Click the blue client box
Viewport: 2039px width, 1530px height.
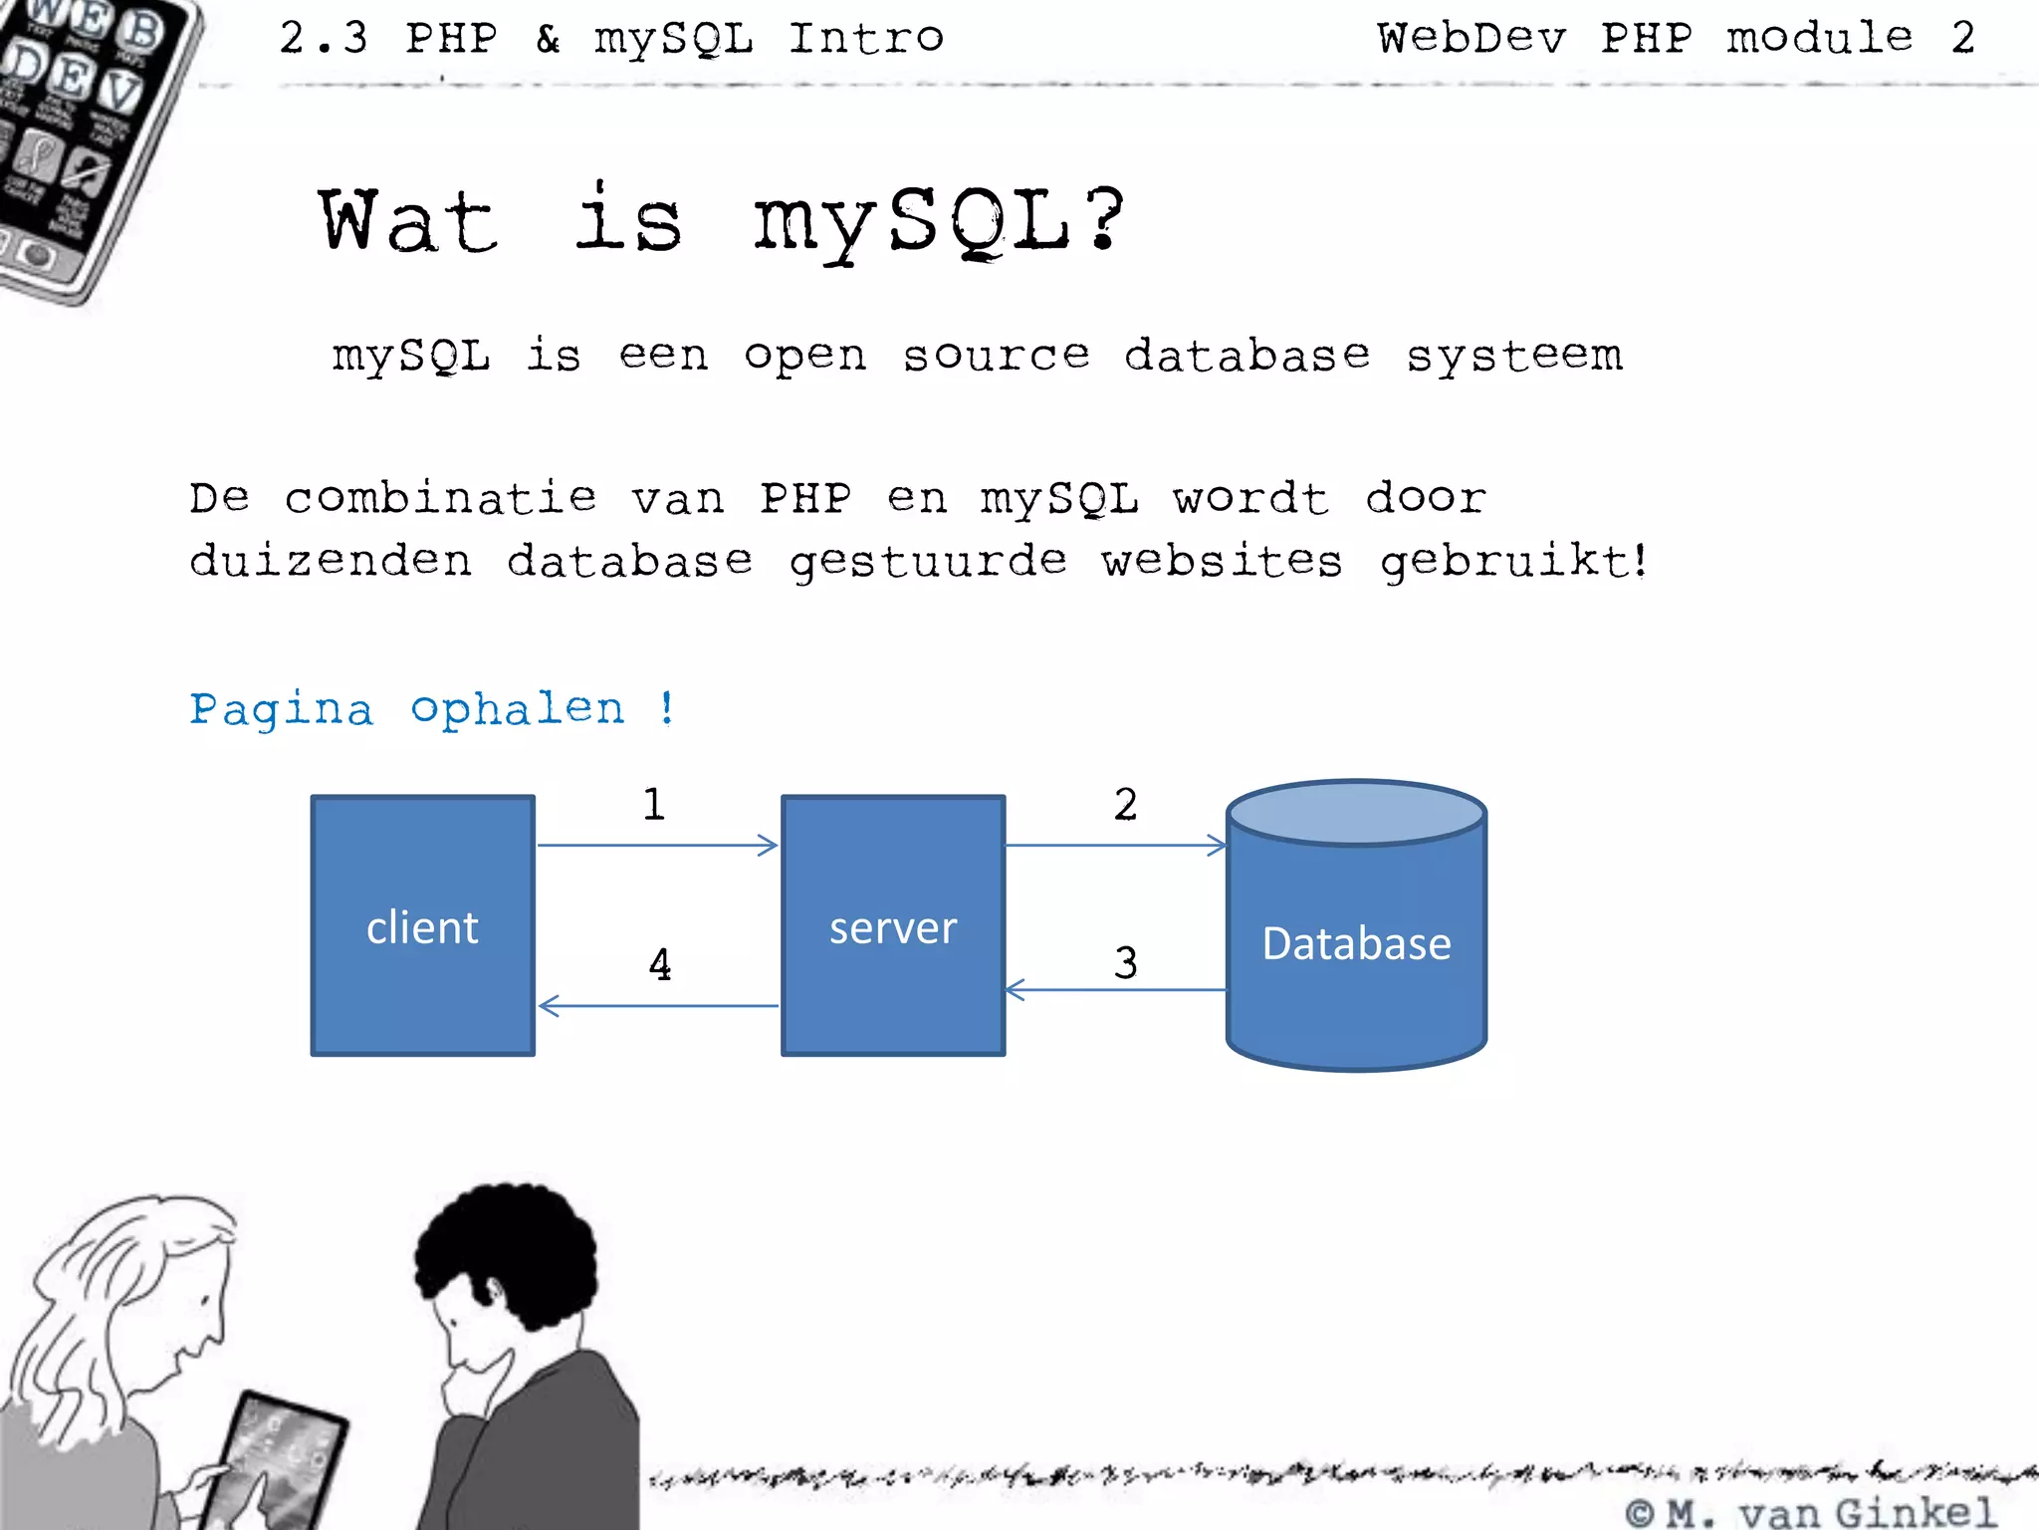tap(422, 925)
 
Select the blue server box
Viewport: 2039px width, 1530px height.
tap(893, 925)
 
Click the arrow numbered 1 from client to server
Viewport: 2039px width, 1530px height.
tap(657, 846)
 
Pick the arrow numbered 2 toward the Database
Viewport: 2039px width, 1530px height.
tap(1115, 846)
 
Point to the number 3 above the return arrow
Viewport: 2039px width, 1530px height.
tap(1125, 963)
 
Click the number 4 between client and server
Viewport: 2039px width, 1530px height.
tap(659, 964)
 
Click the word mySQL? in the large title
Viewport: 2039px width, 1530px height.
tap(938, 221)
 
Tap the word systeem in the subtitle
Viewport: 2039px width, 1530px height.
tap(1513, 356)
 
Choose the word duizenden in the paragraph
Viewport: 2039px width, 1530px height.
tap(331, 561)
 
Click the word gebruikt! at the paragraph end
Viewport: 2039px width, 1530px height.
tap(1513, 561)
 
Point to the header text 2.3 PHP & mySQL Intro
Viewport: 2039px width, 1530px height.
tap(611, 39)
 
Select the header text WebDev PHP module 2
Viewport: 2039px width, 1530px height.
tap(1676, 39)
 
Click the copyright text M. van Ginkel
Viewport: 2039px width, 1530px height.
tap(1812, 1512)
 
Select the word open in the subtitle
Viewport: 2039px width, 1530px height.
tap(804, 356)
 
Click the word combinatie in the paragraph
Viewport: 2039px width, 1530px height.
tap(440, 498)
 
